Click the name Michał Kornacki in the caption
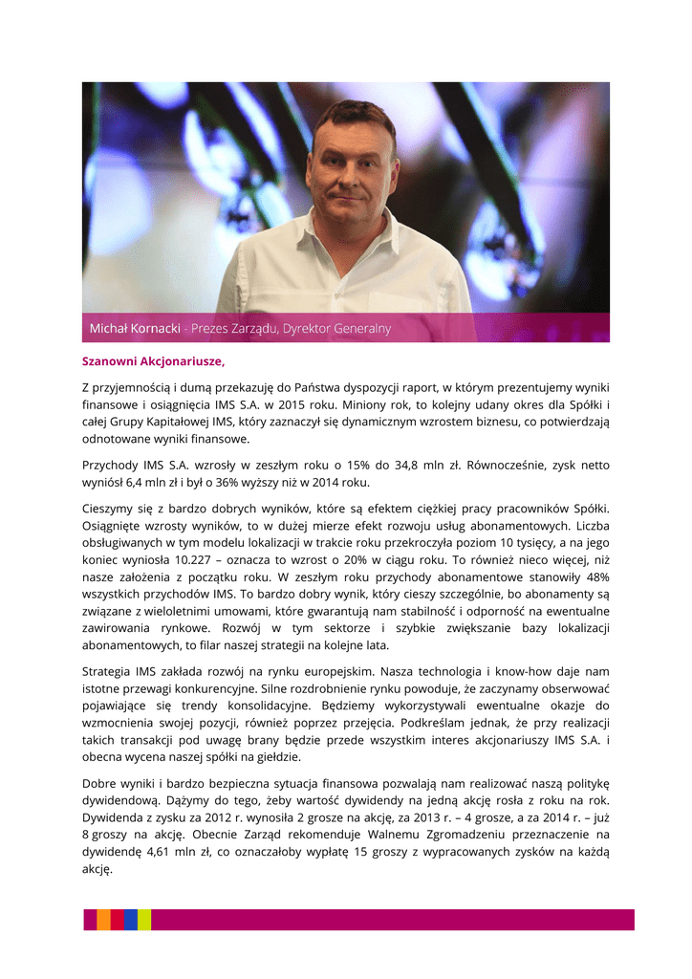136,328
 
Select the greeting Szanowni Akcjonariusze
153,361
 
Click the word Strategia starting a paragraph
110,672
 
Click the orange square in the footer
103,920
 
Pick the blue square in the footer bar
130,920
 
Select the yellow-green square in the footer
143,920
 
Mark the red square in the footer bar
117,920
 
